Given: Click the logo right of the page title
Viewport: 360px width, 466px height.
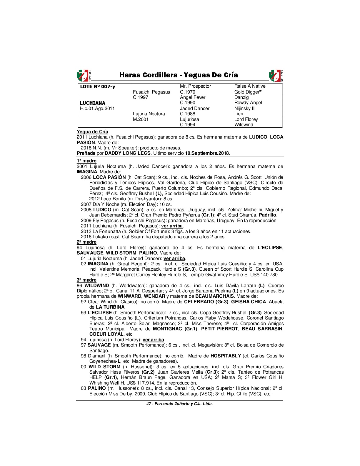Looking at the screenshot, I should [276, 76].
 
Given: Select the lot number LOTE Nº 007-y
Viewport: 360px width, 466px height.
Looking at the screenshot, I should [98, 86].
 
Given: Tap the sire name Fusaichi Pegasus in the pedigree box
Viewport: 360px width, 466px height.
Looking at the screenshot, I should [151, 92].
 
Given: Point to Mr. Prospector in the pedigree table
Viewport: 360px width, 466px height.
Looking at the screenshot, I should [195, 86].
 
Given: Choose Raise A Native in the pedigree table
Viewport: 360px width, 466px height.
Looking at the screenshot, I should [250, 86].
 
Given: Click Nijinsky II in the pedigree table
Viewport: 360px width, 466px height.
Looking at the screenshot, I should [244, 108].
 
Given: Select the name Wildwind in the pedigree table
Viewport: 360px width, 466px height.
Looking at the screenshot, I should [244, 124].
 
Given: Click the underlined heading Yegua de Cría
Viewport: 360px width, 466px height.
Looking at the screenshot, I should [92, 132].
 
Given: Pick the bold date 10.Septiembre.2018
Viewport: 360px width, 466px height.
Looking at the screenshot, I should [207, 153].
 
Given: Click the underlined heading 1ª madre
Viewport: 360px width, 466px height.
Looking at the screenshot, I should [86, 161].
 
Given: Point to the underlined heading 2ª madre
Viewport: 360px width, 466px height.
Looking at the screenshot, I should [86, 242].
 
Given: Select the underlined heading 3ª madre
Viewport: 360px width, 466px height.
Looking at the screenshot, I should [86, 280].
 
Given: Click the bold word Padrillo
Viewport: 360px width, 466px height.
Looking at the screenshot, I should [268, 215].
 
